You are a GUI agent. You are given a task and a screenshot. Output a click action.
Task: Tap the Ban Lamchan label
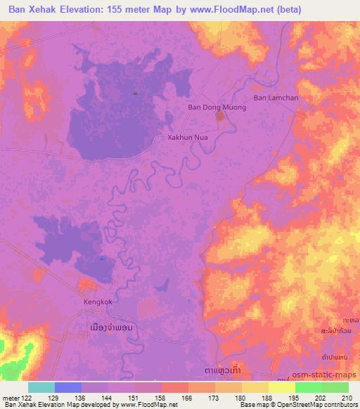tap(276, 98)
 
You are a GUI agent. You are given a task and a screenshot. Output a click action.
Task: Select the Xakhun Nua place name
tap(186, 138)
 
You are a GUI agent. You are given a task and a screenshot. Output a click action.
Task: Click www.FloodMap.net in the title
tap(231, 10)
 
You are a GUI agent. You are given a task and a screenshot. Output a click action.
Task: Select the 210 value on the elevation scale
tap(347, 398)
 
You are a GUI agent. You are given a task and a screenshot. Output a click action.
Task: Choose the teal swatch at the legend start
tap(41, 387)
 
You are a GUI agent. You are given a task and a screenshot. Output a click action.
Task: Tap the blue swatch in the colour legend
tap(68, 387)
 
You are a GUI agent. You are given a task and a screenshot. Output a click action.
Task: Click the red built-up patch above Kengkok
tap(88, 285)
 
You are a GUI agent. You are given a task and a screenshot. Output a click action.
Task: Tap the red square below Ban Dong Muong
tap(220, 116)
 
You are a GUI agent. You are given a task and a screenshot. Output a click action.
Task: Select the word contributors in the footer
tap(338, 405)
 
